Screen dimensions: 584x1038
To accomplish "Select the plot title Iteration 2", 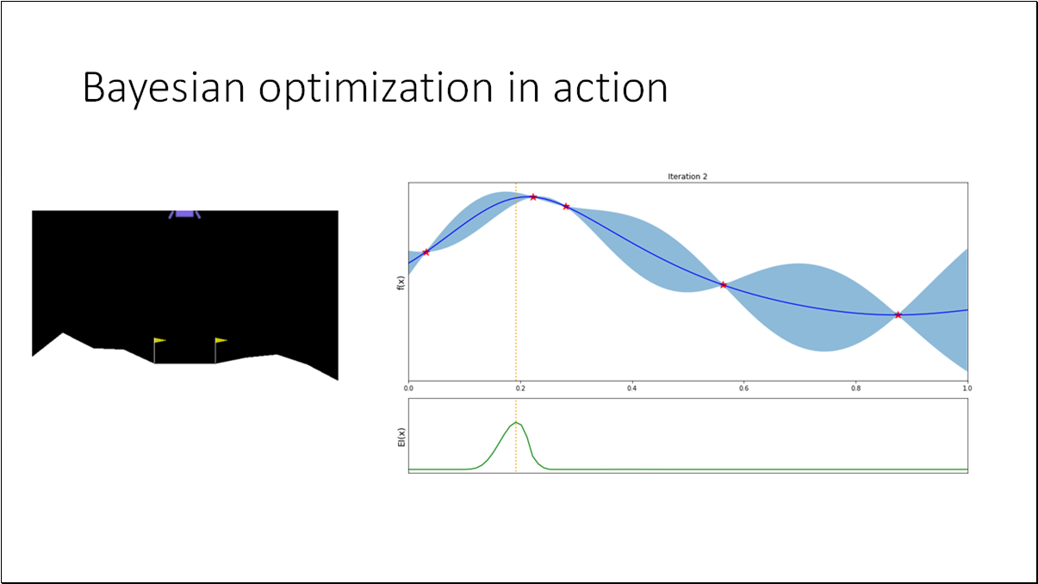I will point(687,177).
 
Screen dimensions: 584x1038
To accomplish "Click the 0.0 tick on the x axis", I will point(408,388).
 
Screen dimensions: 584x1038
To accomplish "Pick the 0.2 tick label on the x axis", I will point(520,388).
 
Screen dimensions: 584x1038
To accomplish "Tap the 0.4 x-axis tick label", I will point(632,388).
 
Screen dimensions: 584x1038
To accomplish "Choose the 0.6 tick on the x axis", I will point(744,388).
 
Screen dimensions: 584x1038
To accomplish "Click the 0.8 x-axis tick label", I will point(856,388).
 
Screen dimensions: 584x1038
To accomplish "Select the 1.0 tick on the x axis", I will point(967,388).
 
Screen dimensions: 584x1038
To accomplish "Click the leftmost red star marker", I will point(426,252).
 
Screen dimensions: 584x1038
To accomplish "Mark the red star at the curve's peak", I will point(533,197).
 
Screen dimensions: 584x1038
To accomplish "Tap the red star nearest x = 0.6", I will point(723,285).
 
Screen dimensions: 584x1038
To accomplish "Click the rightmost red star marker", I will point(898,315).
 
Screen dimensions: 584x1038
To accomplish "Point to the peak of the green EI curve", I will point(516,422).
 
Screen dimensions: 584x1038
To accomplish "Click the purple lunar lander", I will point(185,213).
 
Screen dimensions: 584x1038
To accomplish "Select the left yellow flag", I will point(159,341).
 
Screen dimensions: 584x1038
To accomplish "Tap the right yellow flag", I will point(221,341).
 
